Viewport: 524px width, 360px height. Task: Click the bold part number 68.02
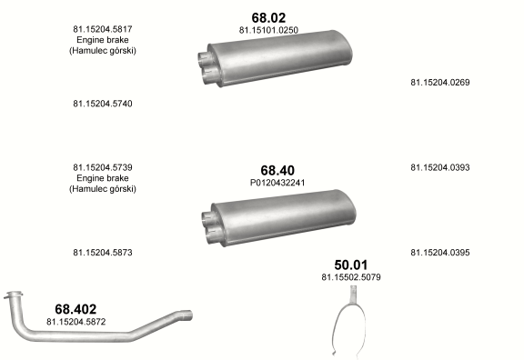(x=268, y=17)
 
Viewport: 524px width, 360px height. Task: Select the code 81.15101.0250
(x=268, y=30)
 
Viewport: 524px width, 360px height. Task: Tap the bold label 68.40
(x=277, y=170)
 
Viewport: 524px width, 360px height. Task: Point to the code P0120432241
(x=277, y=183)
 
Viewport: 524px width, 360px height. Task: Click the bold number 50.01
(x=351, y=265)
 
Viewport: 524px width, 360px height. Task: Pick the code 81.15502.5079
(x=351, y=277)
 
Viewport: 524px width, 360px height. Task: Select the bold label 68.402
(x=76, y=309)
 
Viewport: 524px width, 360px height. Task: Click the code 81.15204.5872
(x=76, y=322)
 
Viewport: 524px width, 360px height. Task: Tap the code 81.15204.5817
(x=103, y=29)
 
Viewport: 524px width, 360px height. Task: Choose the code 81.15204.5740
(x=103, y=104)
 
